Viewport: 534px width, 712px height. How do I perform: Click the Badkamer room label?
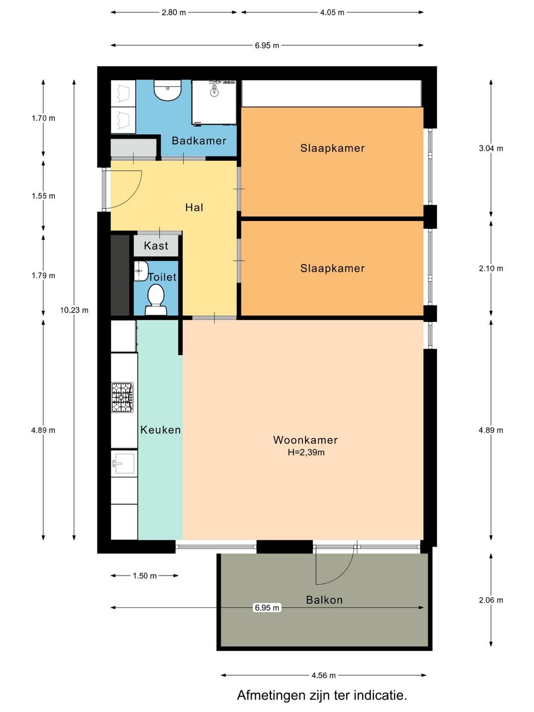coord(199,141)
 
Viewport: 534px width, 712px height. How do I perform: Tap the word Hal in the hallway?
coord(194,207)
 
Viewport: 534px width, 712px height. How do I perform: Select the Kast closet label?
coord(156,246)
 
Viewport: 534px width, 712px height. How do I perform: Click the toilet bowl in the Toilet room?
coord(156,300)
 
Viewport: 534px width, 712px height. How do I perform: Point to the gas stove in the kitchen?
coord(122,398)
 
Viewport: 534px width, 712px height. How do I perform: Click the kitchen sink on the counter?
coord(123,463)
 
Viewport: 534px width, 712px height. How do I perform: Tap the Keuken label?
coord(161,430)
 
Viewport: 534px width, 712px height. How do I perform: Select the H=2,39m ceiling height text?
coord(306,452)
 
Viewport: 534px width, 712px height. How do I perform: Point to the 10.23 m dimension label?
coord(74,310)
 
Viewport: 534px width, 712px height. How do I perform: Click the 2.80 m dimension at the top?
coord(174,13)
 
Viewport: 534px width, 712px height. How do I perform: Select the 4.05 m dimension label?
coord(332,13)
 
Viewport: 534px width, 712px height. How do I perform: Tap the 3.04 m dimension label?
coord(491,148)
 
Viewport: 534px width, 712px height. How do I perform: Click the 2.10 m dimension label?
coord(491,268)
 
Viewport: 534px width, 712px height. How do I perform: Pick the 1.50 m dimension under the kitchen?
coord(144,576)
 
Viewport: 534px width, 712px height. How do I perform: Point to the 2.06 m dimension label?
coord(491,600)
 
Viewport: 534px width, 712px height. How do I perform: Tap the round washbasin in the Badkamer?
coord(167,90)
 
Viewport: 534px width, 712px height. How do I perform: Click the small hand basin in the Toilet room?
coord(141,271)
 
